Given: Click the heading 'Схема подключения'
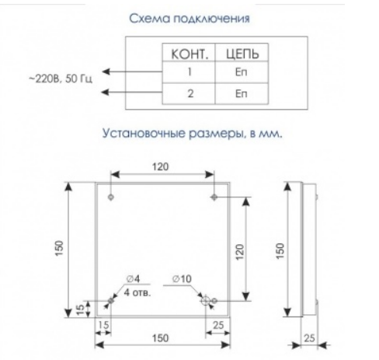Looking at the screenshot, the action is (x=189, y=19).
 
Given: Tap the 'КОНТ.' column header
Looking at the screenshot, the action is (x=189, y=54).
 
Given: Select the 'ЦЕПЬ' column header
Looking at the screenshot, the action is (x=242, y=54).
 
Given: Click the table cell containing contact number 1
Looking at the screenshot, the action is (x=189, y=72).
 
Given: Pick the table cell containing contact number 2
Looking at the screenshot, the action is (x=189, y=93).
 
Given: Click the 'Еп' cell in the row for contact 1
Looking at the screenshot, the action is (x=242, y=72).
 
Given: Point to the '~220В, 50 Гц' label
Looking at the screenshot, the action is (x=60, y=79).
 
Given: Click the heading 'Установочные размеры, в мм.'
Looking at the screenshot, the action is (x=192, y=134).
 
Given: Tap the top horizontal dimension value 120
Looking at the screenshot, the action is (x=161, y=166).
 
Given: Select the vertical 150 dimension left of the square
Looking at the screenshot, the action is (x=59, y=248).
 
